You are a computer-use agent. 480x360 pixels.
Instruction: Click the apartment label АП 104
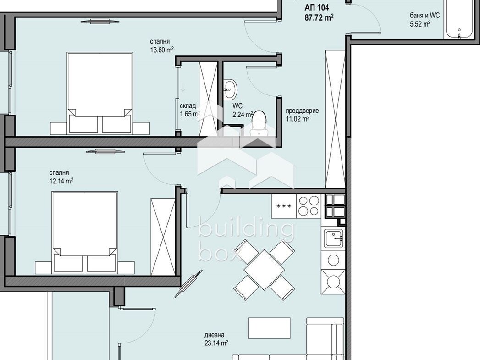click(316, 8)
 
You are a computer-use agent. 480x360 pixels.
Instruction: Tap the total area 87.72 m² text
click(319, 17)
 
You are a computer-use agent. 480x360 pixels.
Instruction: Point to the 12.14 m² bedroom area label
click(61, 181)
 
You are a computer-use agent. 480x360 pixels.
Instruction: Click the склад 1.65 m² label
click(189, 110)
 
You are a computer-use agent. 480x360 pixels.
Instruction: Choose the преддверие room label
click(302, 111)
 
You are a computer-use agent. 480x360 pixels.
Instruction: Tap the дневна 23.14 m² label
click(216, 339)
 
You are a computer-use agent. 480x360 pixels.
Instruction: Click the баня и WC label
click(425, 15)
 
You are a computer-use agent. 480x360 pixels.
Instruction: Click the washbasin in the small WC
click(230, 89)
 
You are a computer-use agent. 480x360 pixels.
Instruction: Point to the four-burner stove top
click(309, 206)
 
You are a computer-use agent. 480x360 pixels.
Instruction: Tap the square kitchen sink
click(334, 238)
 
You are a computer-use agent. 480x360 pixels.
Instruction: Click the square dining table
click(264, 269)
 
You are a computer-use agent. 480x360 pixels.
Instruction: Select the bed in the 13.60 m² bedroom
click(100, 93)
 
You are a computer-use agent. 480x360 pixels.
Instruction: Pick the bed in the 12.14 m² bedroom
click(85, 232)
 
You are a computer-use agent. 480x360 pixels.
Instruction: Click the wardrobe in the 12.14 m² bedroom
click(163, 237)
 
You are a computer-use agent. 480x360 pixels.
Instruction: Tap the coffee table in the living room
click(270, 328)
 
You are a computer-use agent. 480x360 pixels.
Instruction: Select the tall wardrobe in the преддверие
click(335, 119)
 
